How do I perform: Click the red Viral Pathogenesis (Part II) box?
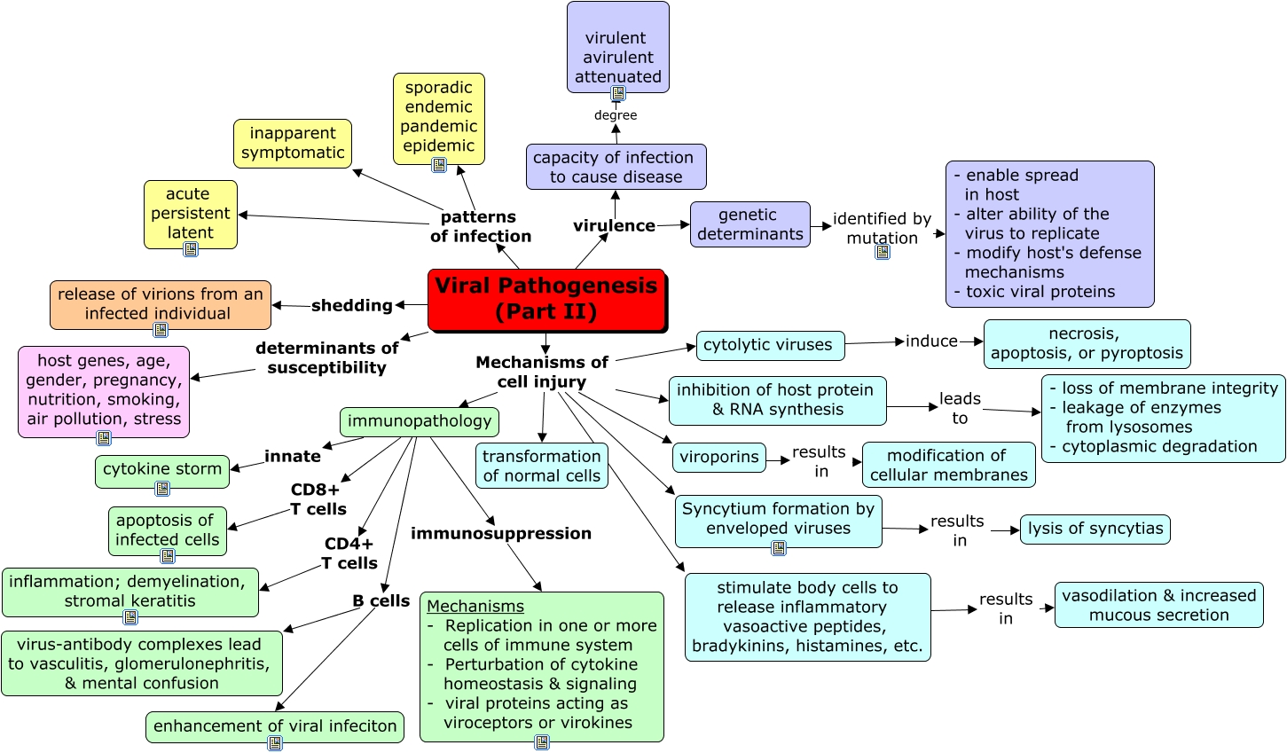(x=546, y=300)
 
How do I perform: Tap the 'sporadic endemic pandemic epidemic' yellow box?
(x=438, y=117)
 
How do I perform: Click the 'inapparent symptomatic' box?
(x=293, y=144)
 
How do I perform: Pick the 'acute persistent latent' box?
(x=190, y=214)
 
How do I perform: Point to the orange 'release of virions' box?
(x=161, y=304)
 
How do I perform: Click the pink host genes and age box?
(x=104, y=391)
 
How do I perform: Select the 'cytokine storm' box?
(x=162, y=470)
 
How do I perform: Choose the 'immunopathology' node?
(x=420, y=421)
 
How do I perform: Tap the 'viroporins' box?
(x=719, y=458)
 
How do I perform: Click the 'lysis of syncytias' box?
(x=1095, y=529)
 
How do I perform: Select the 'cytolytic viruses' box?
(x=769, y=345)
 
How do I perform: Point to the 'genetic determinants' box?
(x=749, y=224)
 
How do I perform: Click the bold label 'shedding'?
(x=351, y=305)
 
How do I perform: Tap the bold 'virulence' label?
(x=614, y=225)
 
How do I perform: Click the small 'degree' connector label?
(x=616, y=115)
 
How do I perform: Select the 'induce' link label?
(x=931, y=341)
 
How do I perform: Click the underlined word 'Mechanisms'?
(x=475, y=607)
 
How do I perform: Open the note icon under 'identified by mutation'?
(x=883, y=252)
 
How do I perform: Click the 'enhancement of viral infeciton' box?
(x=275, y=726)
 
